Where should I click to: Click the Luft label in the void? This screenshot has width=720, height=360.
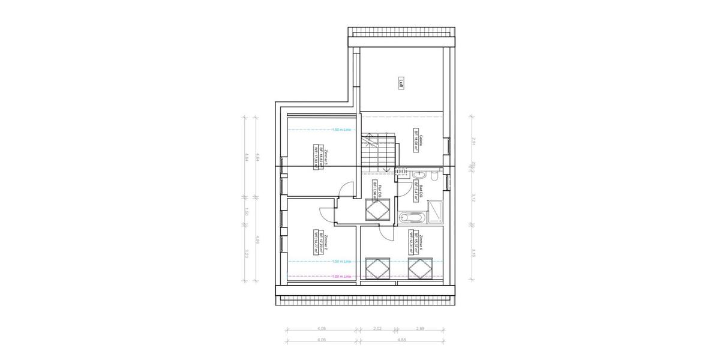[x=401, y=83]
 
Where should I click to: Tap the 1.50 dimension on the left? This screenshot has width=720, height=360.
[x=247, y=211]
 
